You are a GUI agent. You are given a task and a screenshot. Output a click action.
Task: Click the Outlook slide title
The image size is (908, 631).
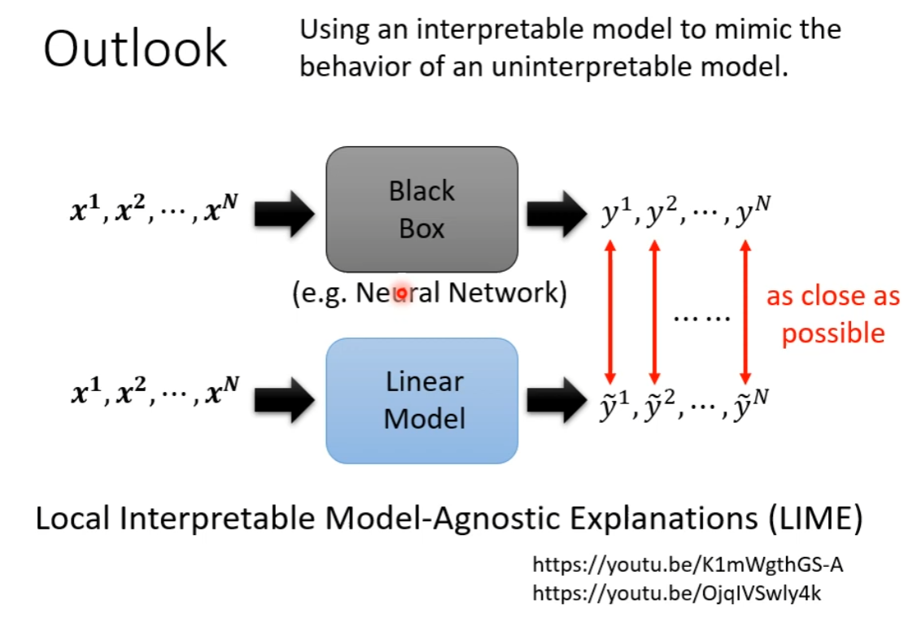135,49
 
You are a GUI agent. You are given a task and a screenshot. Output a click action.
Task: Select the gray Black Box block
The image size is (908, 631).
421,209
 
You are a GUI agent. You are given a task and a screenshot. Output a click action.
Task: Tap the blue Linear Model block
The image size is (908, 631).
421,400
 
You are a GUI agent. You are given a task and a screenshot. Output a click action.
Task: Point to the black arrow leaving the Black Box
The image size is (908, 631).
557,213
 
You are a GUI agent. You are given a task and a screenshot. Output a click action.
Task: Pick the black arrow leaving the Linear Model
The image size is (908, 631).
557,398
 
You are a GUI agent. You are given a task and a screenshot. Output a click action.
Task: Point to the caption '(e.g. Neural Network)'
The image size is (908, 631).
430,293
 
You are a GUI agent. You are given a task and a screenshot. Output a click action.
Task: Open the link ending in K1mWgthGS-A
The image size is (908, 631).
682,565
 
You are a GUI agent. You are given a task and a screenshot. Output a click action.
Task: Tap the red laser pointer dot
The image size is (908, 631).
400,294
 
